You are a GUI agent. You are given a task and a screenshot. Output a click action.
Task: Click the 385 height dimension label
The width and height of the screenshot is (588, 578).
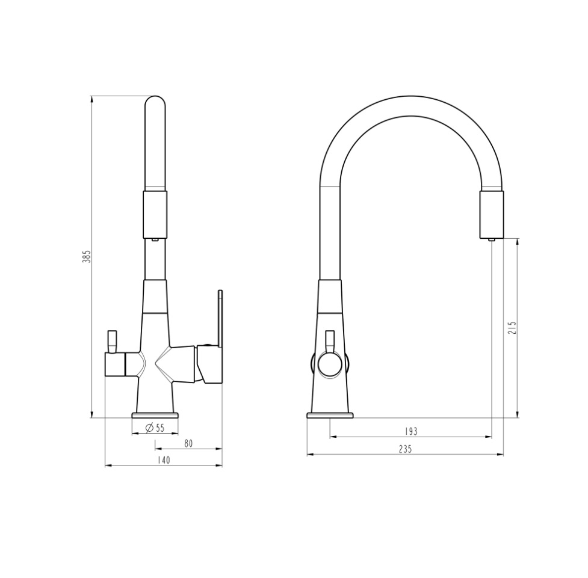coord(87,256)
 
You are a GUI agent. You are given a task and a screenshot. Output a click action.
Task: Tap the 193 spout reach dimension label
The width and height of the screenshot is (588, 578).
coord(411,431)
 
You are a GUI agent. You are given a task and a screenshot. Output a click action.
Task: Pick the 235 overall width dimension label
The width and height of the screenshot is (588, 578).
coord(405,449)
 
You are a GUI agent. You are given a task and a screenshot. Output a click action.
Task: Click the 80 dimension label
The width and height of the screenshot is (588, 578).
coord(188,443)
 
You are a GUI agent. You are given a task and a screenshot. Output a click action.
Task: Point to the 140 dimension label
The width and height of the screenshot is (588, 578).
coord(163,460)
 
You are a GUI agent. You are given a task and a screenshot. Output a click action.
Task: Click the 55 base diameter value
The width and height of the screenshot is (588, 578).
coord(160,428)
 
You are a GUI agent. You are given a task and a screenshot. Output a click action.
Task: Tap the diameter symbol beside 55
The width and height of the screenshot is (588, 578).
coord(149,428)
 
